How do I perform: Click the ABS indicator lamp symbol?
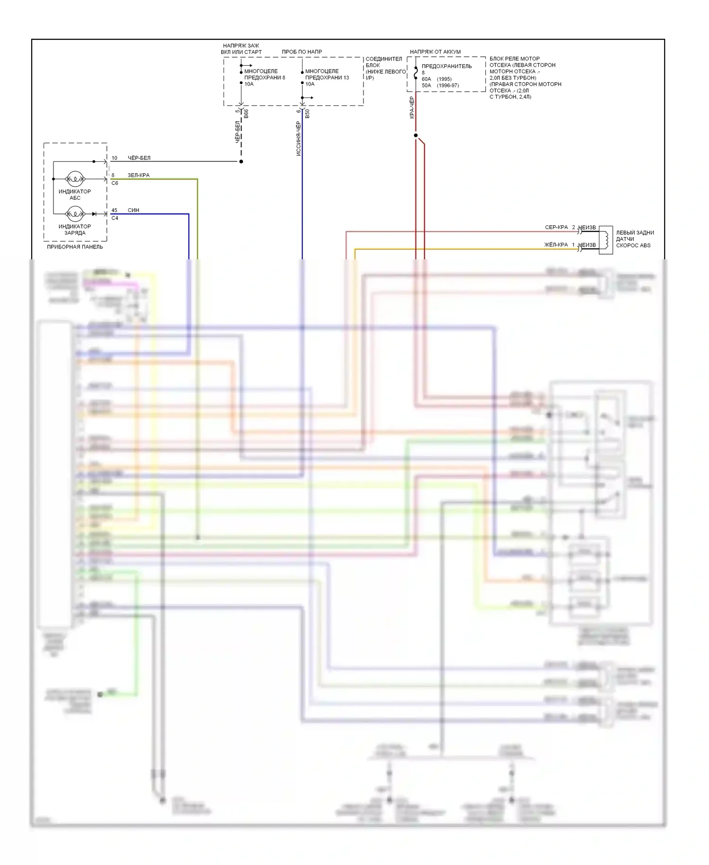(x=75, y=179)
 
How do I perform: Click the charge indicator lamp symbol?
(x=75, y=214)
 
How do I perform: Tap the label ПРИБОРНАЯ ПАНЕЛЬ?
(x=75, y=247)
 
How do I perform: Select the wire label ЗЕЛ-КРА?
(x=138, y=175)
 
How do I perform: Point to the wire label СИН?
(x=133, y=210)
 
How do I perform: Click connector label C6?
(x=115, y=183)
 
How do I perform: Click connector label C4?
(x=115, y=218)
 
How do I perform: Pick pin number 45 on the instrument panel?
(x=114, y=210)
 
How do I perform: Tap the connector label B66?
(x=246, y=114)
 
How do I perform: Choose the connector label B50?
(x=307, y=114)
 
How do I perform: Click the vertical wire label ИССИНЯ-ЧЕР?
(x=298, y=138)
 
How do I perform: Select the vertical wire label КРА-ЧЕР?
(x=412, y=107)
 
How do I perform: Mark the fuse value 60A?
(x=426, y=79)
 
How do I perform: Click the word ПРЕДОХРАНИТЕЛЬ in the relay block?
(x=447, y=66)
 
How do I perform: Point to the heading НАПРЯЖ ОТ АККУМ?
(x=435, y=52)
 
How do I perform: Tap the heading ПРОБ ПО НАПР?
(x=302, y=52)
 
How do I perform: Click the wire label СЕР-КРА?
(x=556, y=227)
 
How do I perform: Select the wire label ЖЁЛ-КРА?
(x=556, y=245)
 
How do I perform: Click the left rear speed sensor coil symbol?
(x=605, y=239)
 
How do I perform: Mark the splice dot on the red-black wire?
(x=415, y=135)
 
